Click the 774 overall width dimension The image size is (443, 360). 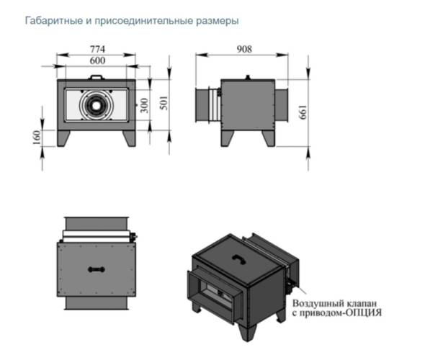point(97,49)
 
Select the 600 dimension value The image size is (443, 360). point(97,61)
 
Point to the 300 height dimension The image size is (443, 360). point(144,106)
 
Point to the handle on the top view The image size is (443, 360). point(95,269)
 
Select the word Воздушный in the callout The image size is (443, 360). point(326,304)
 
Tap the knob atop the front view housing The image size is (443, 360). point(96,76)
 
